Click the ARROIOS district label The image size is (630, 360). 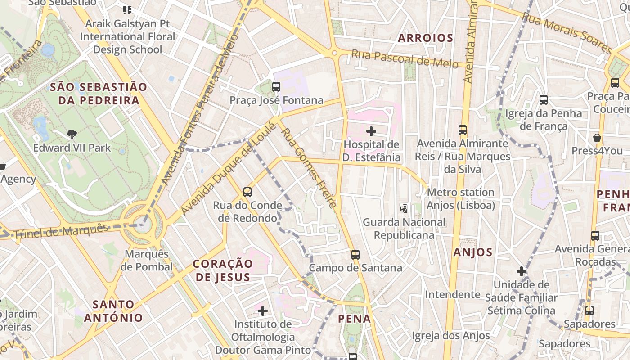(x=425, y=38)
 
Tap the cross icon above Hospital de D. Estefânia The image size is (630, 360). (x=371, y=131)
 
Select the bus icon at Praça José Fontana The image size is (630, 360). (x=276, y=87)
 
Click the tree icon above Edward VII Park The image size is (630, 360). (x=72, y=134)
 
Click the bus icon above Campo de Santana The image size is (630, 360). (x=355, y=255)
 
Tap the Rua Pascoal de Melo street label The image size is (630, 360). (x=405, y=59)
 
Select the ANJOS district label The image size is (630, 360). (x=473, y=252)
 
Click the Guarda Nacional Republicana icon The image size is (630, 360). (x=404, y=208)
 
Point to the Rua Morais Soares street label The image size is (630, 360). (x=567, y=33)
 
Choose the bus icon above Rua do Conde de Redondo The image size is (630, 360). (x=247, y=192)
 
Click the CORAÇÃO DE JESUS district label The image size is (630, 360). (x=223, y=270)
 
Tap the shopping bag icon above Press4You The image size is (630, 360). (x=597, y=138)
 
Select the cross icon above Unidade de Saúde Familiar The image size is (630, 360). (x=522, y=271)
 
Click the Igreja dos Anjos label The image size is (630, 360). (x=451, y=336)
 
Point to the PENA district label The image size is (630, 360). (x=355, y=319)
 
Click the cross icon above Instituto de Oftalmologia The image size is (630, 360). (x=263, y=311)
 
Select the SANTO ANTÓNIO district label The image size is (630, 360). (x=113, y=311)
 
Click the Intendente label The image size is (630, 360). (x=453, y=294)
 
